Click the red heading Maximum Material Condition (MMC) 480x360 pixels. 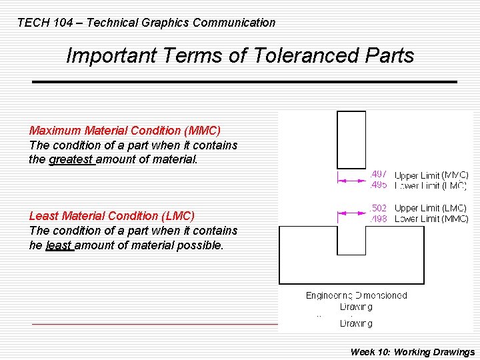tap(125, 131)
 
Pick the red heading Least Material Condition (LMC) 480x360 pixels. tap(112, 216)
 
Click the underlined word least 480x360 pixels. tap(59, 245)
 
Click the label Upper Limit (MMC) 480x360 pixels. tap(431, 175)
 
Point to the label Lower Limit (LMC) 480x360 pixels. tap(431, 185)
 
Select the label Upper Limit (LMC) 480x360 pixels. tap(431, 209)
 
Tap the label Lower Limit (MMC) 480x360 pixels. tap(431, 219)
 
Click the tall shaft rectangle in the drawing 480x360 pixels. tap(351, 139)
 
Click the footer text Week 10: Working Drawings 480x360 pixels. tap(413, 352)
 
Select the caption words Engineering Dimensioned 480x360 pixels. tap(356, 295)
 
